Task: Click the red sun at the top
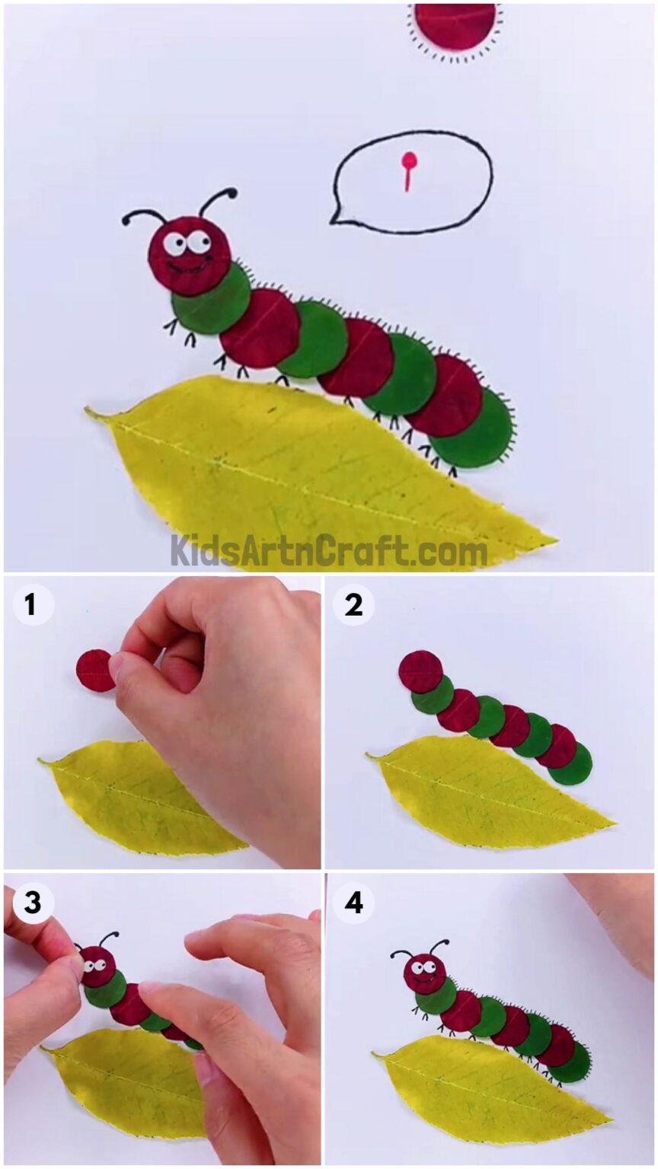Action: click(455, 24)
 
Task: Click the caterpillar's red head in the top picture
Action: click(190, 255)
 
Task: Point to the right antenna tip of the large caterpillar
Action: click(231, 193)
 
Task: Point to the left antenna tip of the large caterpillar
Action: click(126, 221)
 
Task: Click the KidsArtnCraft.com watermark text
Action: click(328, 549)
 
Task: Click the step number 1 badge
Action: click(30, 605)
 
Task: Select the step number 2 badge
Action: click(353, 605)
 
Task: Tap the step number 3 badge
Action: click(30, 903)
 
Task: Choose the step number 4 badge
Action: click(353, 903)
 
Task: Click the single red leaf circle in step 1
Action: click(95, 671)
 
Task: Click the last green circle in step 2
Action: click(570, 763)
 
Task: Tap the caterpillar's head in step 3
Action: click(97, 965)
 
